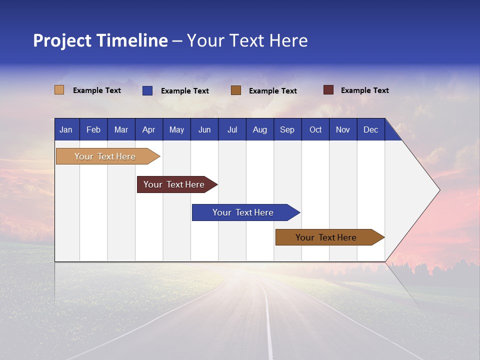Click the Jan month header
[66, 129]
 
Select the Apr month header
[149, 129]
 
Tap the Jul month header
[232, 129]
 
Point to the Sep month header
[287, 129]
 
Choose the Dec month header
[370, 129]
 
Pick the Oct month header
[315, 129]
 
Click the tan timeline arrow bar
[105, 156]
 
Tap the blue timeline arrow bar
[243, 212]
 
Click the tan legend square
[59, 90]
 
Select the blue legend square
[147, 90]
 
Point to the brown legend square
[235, 90]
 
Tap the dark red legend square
[328, 90]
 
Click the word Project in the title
[62, 40]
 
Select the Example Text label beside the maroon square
[364, 90]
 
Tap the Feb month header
[93, 129]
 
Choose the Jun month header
[204, 129]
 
